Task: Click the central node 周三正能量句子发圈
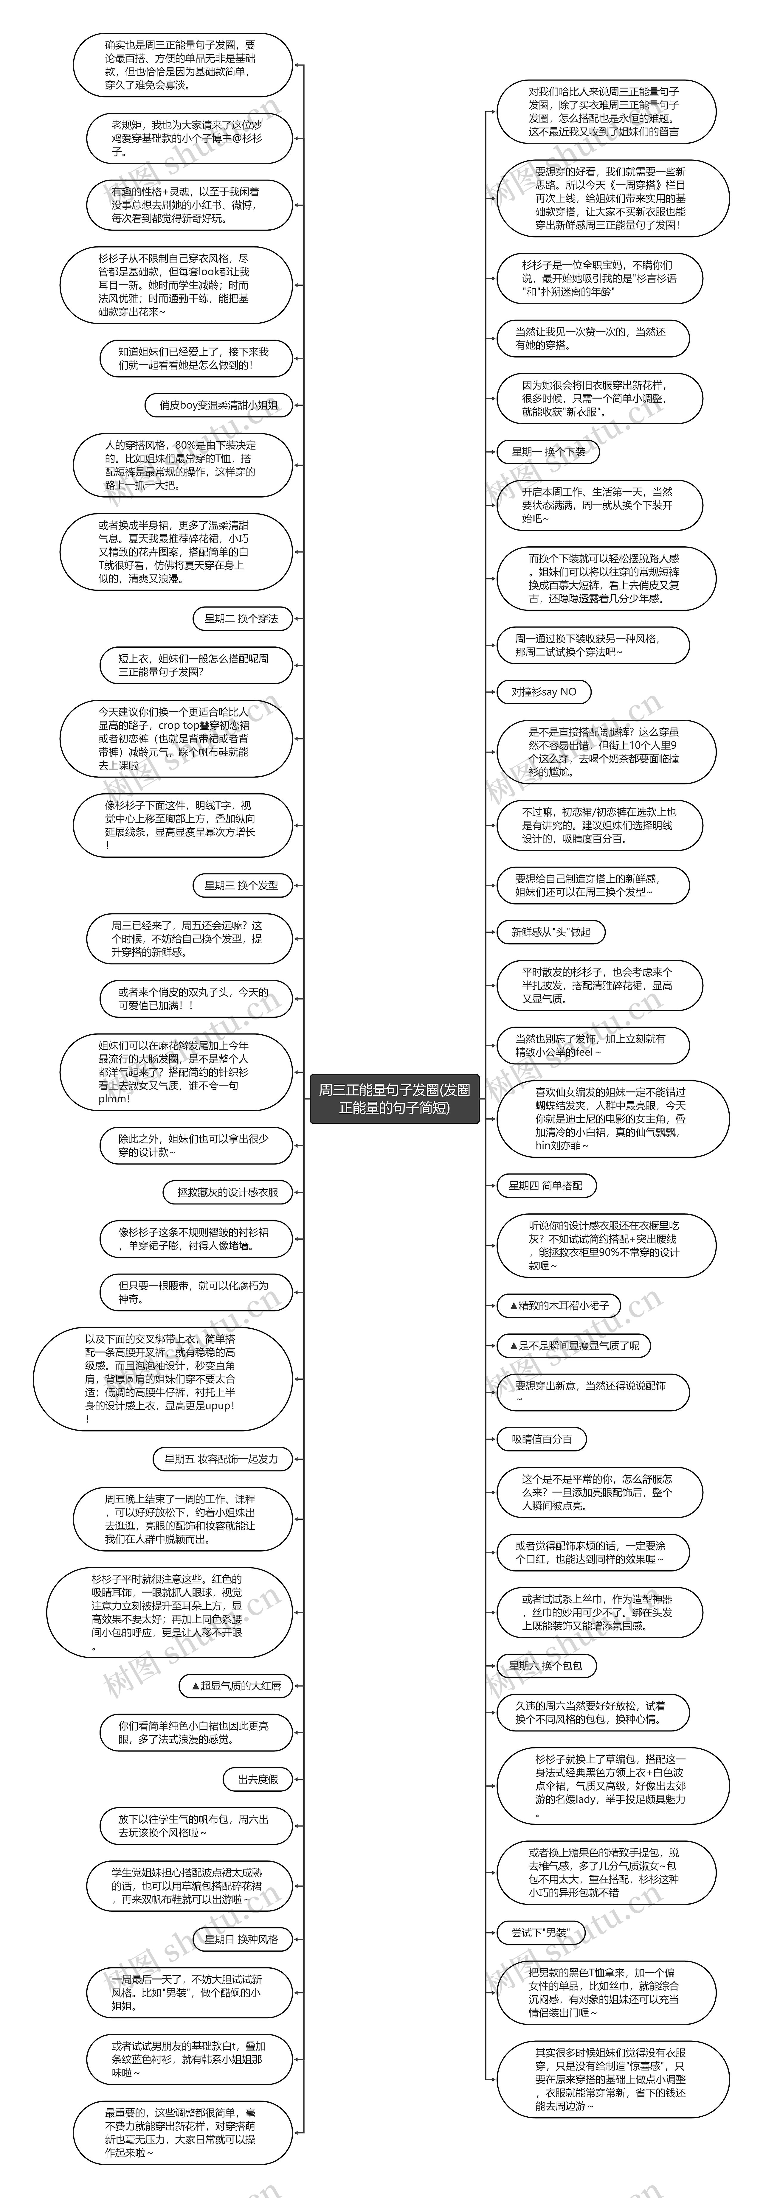[394, 1099]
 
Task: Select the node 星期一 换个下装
[548, 452]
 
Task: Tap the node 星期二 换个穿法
[241, 618]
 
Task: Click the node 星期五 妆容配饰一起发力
[222, 1459]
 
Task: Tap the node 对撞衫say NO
[544, 692]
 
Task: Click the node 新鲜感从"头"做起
[550, 932]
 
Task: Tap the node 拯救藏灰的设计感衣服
[227, 1192]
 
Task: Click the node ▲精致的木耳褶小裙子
[559, 1305]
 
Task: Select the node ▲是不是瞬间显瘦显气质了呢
[573, 1346]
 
